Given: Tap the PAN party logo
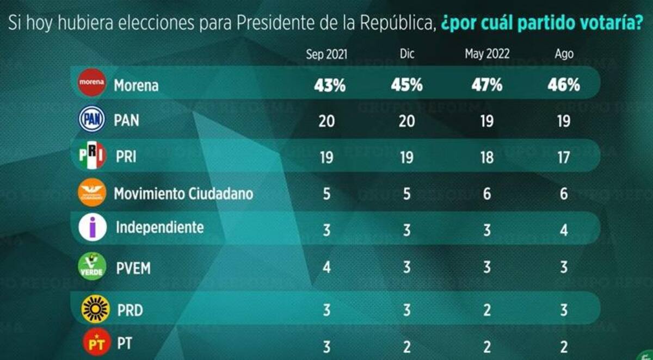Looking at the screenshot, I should (91, 119).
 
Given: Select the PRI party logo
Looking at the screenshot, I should (91, 156).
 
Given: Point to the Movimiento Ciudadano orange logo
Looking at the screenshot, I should (91, 193).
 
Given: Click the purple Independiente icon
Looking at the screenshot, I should (93, 227).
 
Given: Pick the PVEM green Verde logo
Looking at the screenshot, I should (92, 266).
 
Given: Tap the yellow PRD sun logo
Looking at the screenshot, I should (95, 309).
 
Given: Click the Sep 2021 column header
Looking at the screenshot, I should (326, 54).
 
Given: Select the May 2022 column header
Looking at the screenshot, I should (486, 54).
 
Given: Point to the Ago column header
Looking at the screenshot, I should (564, 54).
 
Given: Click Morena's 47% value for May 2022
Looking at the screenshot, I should (487, 85).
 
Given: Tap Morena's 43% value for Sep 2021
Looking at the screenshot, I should (328, 85).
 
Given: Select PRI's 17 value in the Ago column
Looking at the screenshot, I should (563, 158).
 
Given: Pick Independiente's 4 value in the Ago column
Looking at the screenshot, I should (564, 230).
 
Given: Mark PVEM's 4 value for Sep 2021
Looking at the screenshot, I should (326, 268).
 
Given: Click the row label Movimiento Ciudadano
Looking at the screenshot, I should (183, 194).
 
